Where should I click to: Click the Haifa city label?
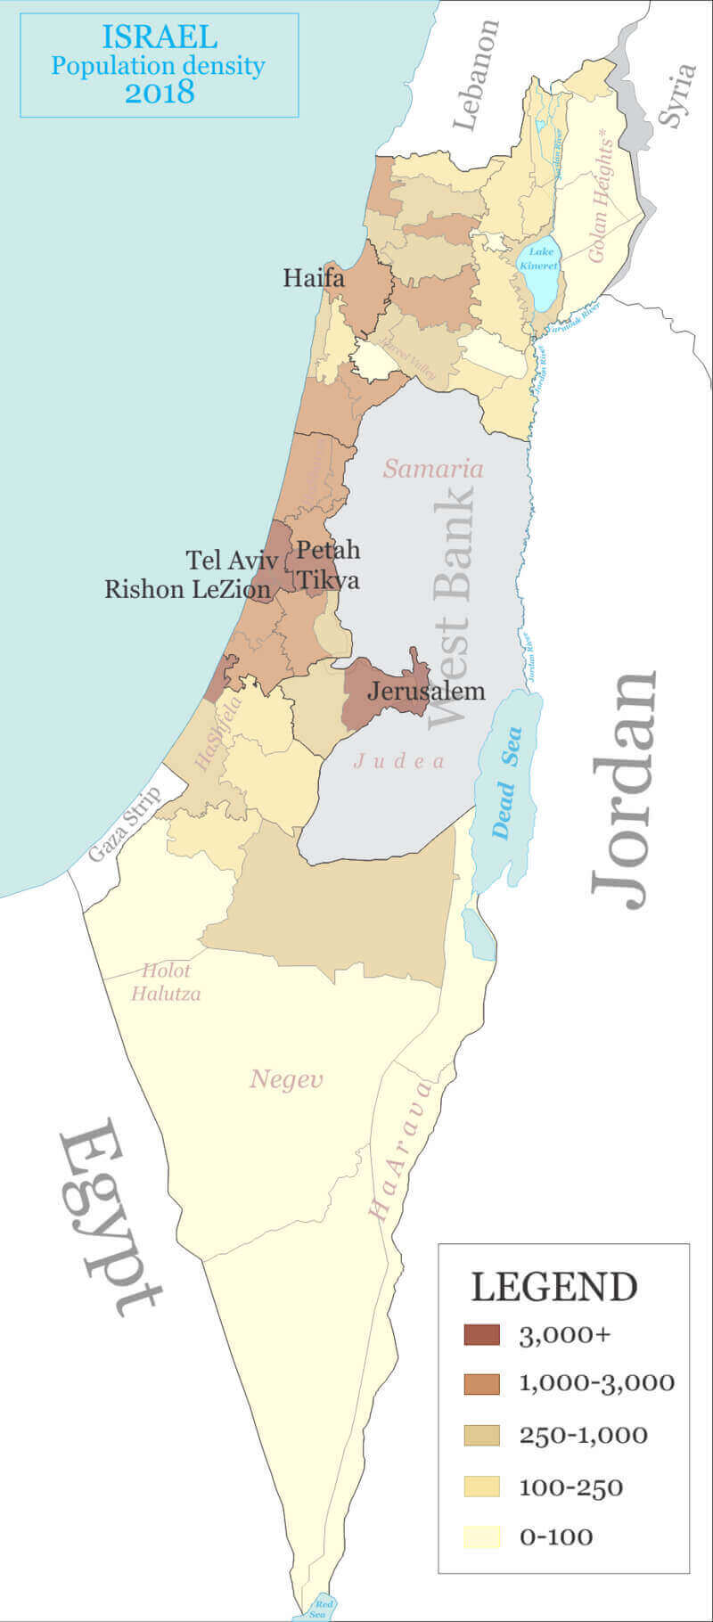coord(314,278)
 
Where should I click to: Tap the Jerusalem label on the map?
coord(426,691)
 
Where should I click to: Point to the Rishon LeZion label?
coord(187,589)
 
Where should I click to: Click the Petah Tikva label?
coord(328,565)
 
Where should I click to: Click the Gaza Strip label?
coord(124,824)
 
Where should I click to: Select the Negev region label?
coord(286,1080)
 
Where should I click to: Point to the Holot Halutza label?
coord(166,982)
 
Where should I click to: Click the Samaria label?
coord(433,469)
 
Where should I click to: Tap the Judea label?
coord(398,761)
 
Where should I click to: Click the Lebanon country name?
coord(476,76)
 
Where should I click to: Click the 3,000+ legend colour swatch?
coord(482,1334)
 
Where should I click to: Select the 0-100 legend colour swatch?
coord(482,1536)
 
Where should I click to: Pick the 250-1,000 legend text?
coord(583,1436)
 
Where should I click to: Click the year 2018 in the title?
coord(160,92)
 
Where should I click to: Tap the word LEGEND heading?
coord(553,1287)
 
